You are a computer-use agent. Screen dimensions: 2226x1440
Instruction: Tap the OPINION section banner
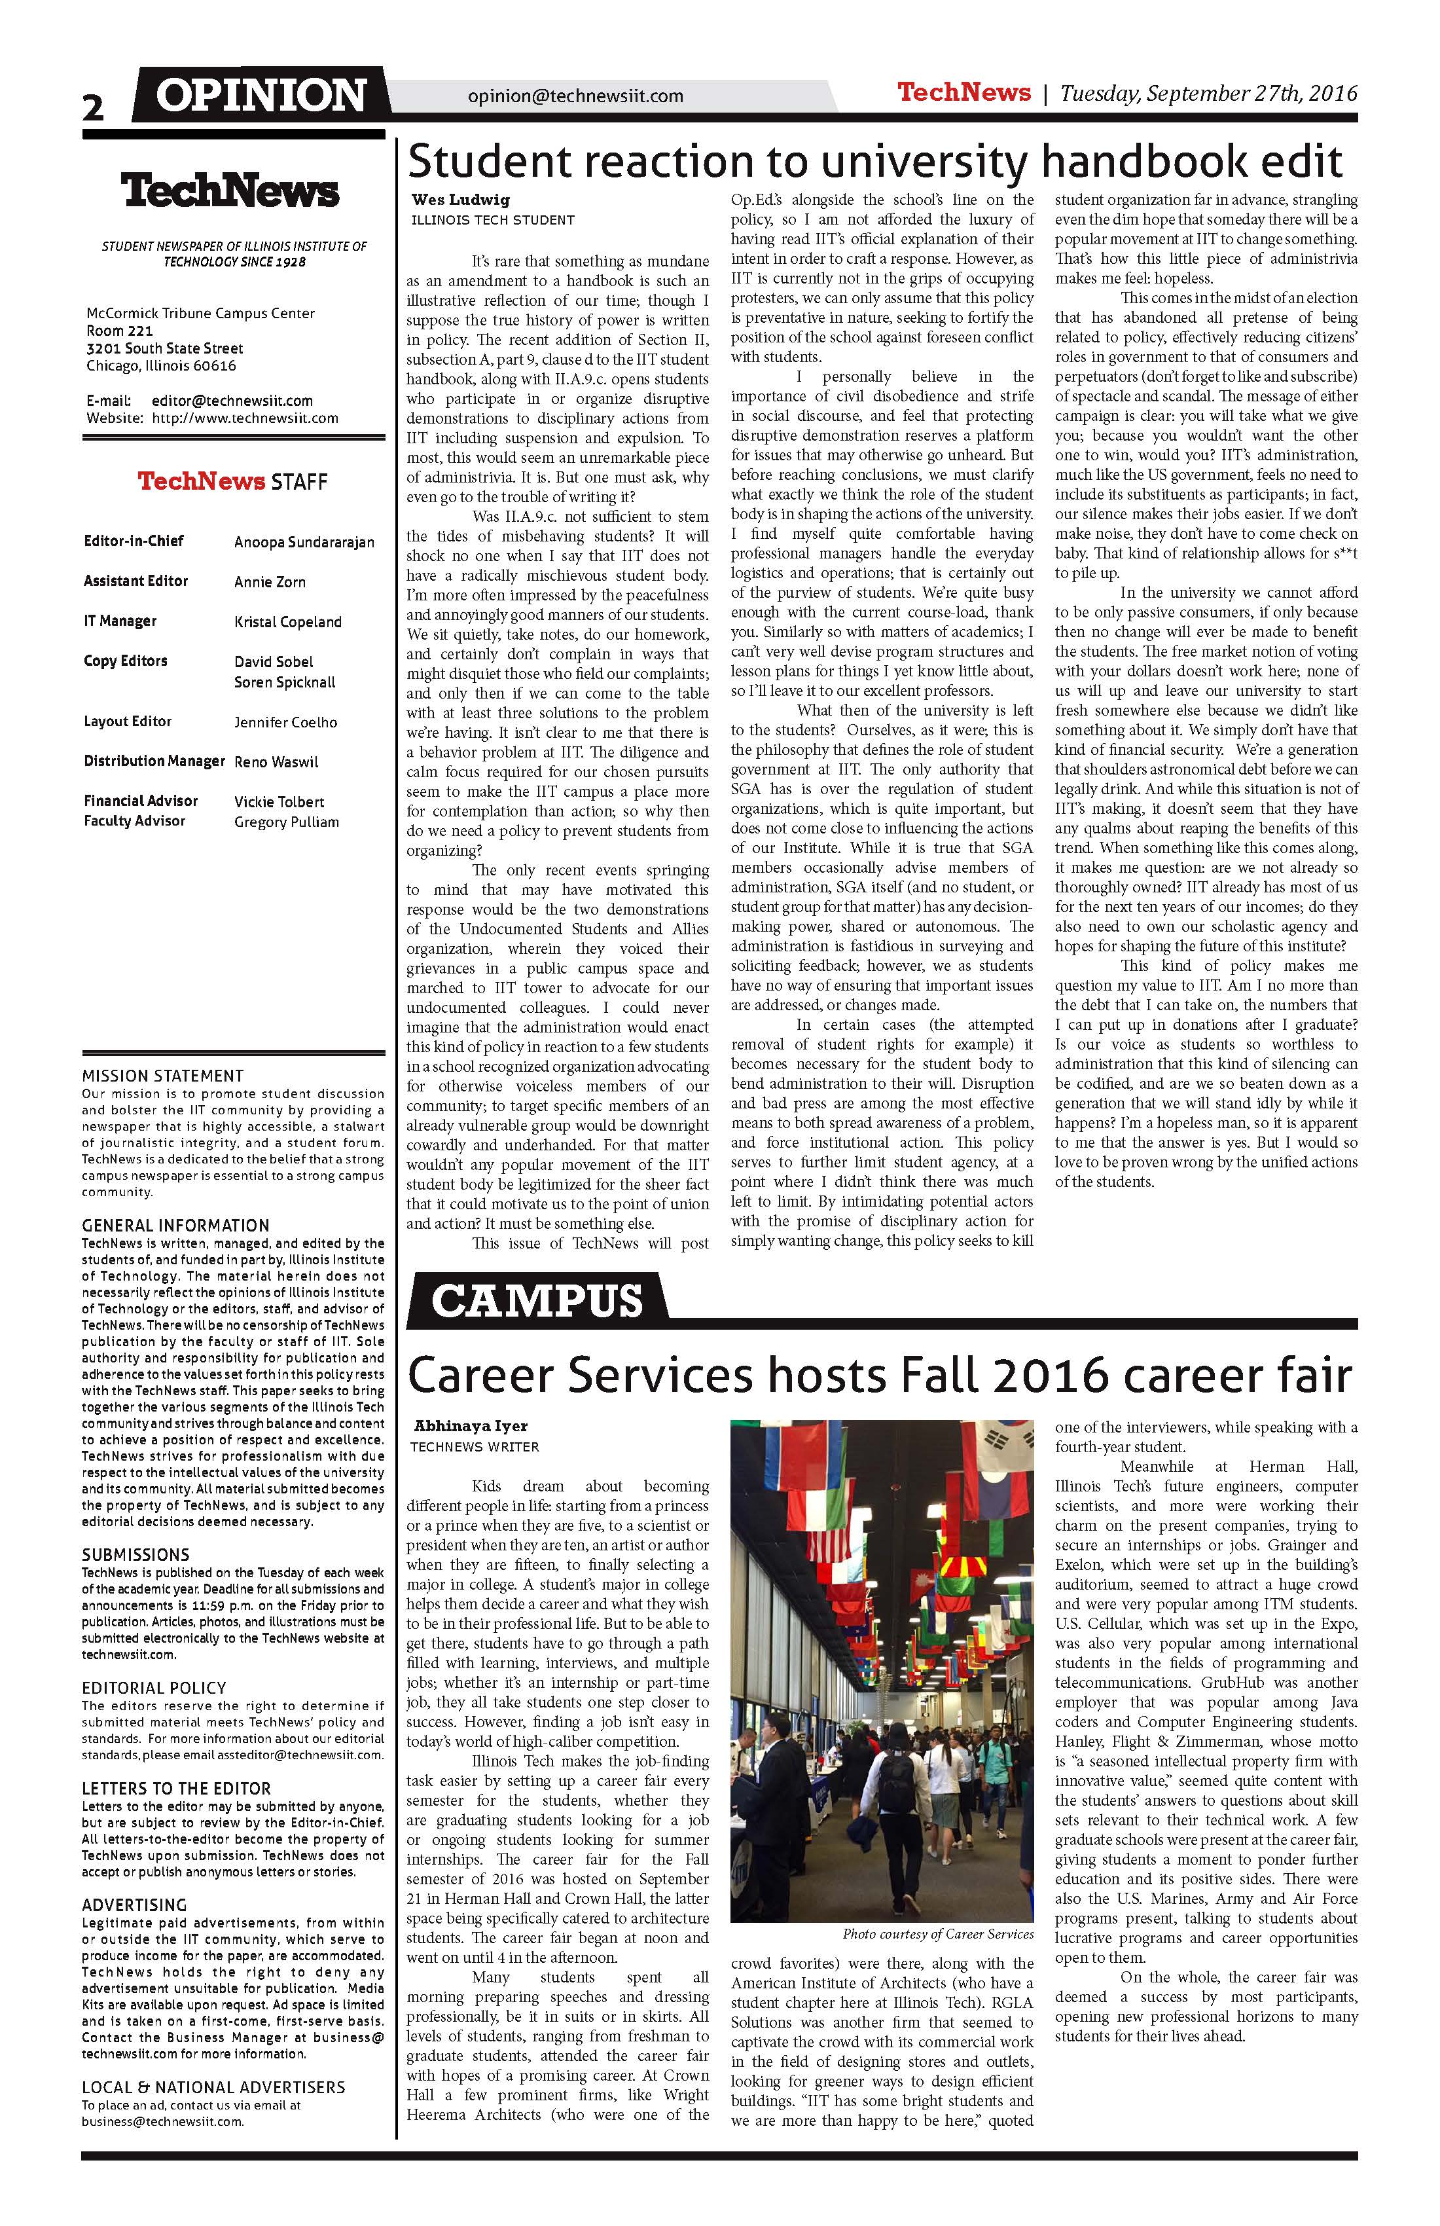click(x=261, y=96)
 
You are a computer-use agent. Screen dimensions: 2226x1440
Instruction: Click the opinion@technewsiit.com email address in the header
click(x=575, y=96)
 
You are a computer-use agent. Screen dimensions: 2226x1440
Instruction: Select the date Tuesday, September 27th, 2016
click(x=1208, y=92)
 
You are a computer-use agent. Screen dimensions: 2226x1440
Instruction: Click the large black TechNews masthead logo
click(x=230, y=192)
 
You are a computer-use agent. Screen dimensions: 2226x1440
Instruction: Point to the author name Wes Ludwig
click(x=448, y=199)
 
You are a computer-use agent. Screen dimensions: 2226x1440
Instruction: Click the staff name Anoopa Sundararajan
click(x=304, y=543)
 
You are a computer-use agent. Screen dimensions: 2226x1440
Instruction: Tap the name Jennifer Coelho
click(x=285, y=722)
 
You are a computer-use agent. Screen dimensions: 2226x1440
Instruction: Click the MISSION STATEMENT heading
click(x=163, y=1076)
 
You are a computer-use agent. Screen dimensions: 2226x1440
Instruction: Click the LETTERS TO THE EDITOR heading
click(x=177, y=1788)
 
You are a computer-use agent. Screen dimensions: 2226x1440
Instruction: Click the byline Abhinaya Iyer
click(x=471, y=1427)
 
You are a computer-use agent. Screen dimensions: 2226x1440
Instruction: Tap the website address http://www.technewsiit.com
click(x=245, y=418)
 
